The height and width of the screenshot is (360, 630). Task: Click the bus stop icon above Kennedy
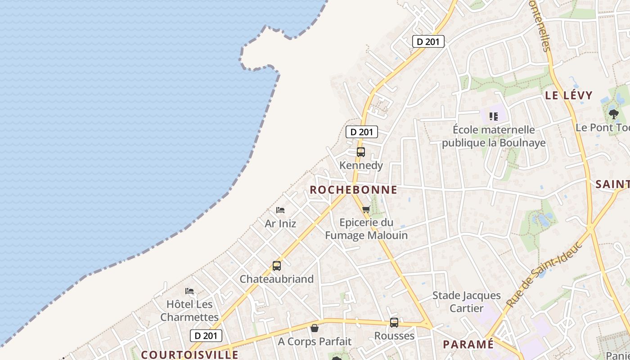pyautogui.click(x=361, y=152)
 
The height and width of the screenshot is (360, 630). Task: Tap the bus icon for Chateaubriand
pyautogui.click(x=277, y=266)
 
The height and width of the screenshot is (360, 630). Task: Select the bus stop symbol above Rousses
pyautogui.click(x=394, y=323)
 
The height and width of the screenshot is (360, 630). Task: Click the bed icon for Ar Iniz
pyautogui.click(x=280, y=210)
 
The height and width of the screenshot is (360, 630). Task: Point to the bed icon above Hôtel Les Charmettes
pyautogui.click(x=189, y=291)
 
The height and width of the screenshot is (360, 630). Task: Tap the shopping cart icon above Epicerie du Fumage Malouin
pyautogui.click(x=366, y=209)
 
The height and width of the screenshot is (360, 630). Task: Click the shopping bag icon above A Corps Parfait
pyautogui.click(x=315, y=328)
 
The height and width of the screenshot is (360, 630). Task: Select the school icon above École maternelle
pyautogui.click(x=494, y=117)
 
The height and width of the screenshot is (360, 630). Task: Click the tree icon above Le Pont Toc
pyautogui.click(x=613, y=114)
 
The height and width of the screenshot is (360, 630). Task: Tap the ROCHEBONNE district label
pyautogui.click(x=354, y=190)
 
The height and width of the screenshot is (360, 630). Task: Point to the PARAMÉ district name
pyautogui.click(x=468, y=345)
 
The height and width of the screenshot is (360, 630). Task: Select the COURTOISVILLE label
pyautogui.click(x=190, y=355)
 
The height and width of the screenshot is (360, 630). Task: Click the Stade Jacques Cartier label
pyautogui.click(x=467, y=302)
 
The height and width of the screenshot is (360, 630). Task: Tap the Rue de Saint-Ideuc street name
pyautogui.click(x=544, y=274)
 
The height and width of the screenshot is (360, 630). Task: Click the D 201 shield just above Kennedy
pyautogui.click(x=361, y=132)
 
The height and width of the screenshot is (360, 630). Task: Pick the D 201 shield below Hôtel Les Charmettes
pyautogui.click(x=206, y=336)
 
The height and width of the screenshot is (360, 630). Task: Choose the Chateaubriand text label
pyautogui.click(x=277, y=279)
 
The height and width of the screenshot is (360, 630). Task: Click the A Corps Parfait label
pyautogui.click(x=315, y=342)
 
